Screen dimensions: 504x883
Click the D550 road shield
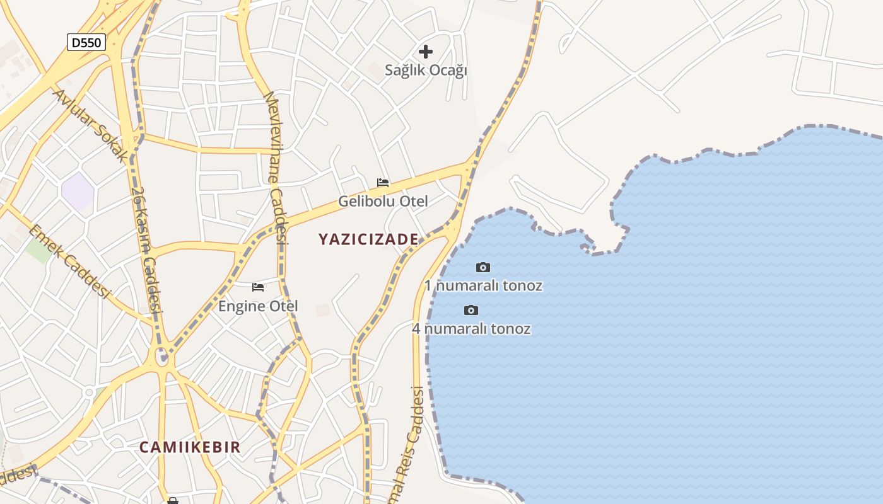(x=86, y=42)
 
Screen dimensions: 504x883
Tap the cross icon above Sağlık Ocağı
(x=426, y=51)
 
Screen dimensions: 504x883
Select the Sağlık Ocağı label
(x=426, y=70)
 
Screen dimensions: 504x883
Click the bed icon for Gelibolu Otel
(x=383, y=183)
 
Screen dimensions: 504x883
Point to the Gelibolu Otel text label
(x=383, y=202)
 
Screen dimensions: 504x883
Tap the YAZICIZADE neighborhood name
(x=368, y=239)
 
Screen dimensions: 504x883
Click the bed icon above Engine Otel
(x=258, y=287)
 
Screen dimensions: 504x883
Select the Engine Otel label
(x=258, y=306)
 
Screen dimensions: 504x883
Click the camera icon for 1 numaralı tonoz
(x=483, y=268)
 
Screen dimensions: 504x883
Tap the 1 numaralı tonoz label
(x=483, y=285)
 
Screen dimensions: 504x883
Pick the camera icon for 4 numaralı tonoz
(x=471, y=310)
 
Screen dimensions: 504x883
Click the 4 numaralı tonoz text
(x=471, y=328)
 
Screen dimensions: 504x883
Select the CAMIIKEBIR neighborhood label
(x=190, y=447)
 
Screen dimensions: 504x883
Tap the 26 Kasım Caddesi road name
(x=147, y=249)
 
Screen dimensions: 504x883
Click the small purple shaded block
(x=78, y=192)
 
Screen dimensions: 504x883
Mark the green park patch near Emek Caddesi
(x=38, y=250)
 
